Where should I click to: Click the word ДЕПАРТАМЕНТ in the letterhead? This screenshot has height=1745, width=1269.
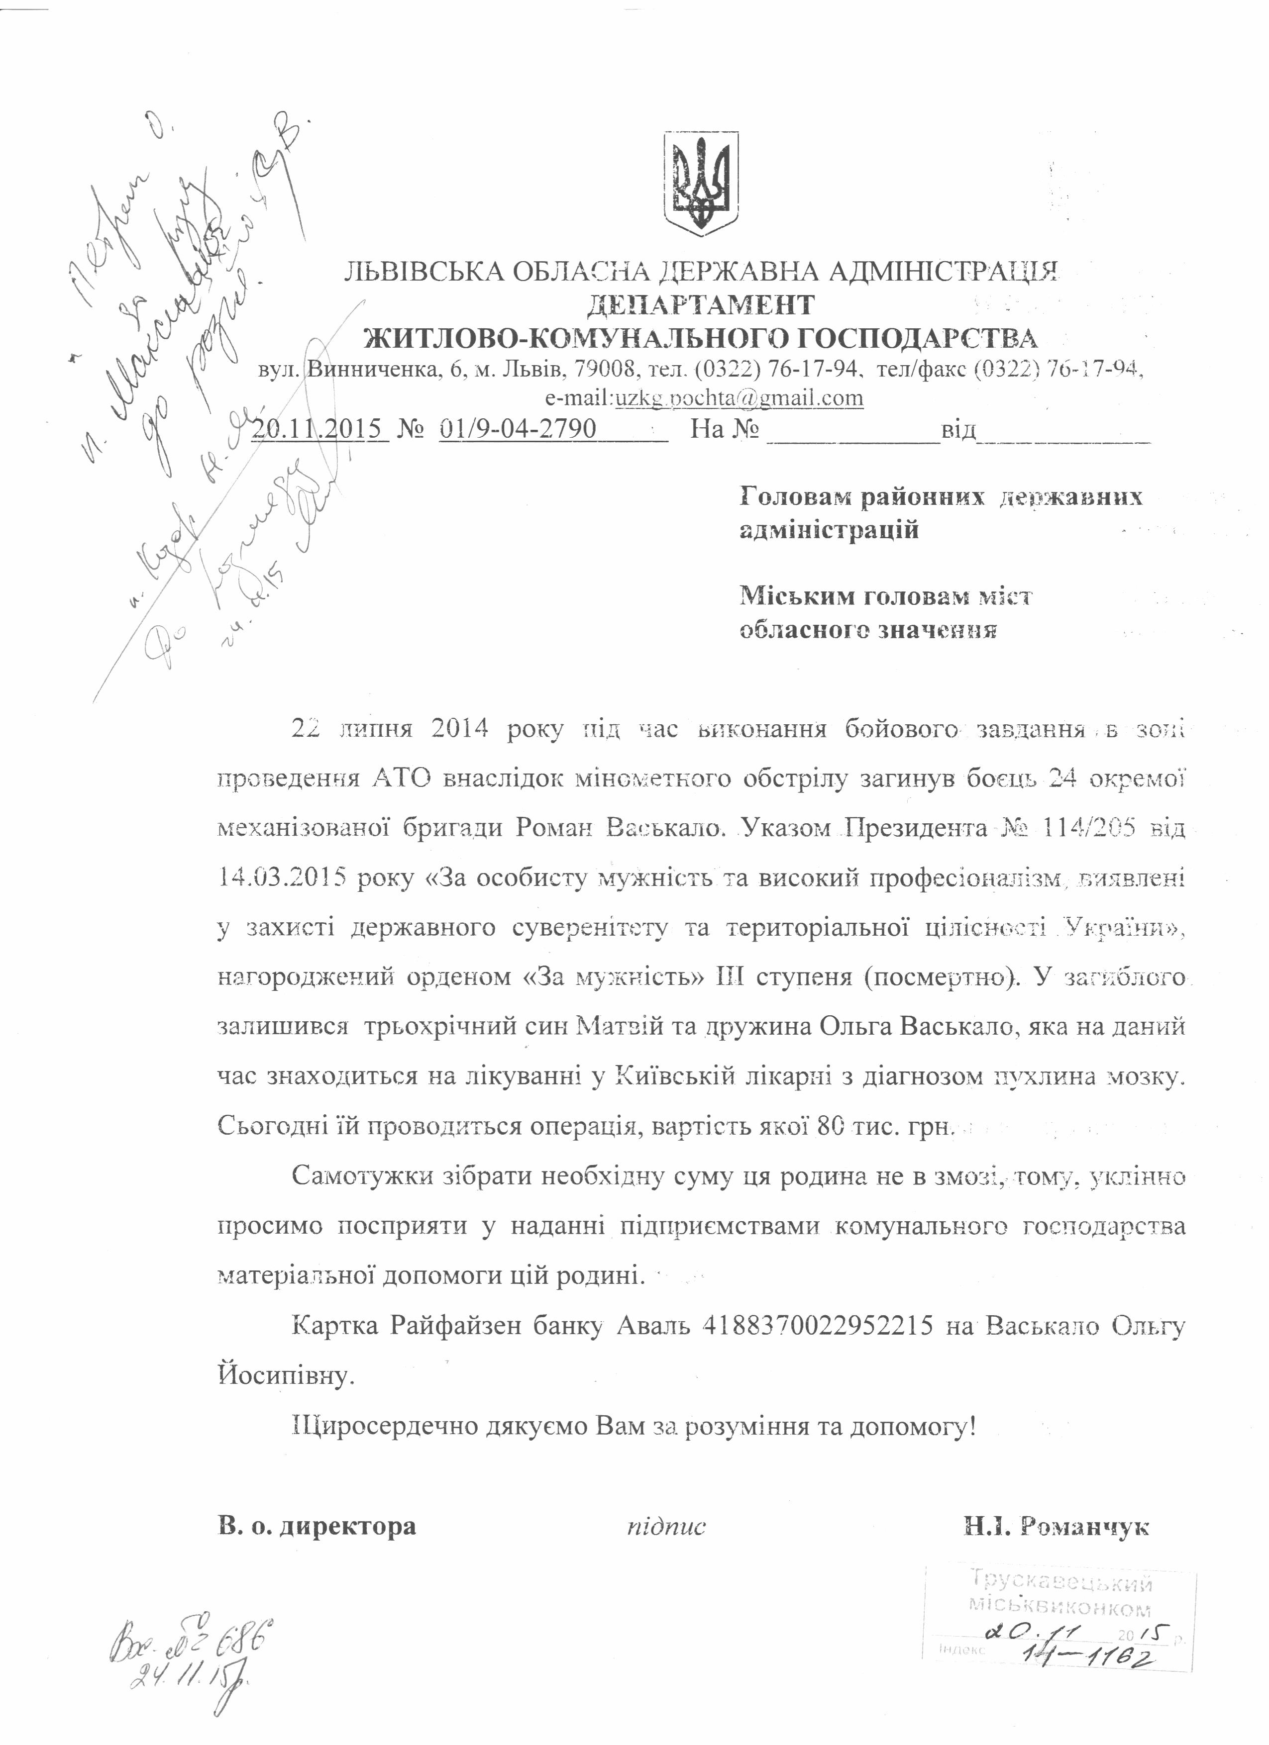(x=700, y=305)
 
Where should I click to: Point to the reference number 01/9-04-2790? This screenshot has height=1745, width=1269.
(x=518, y=429)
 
